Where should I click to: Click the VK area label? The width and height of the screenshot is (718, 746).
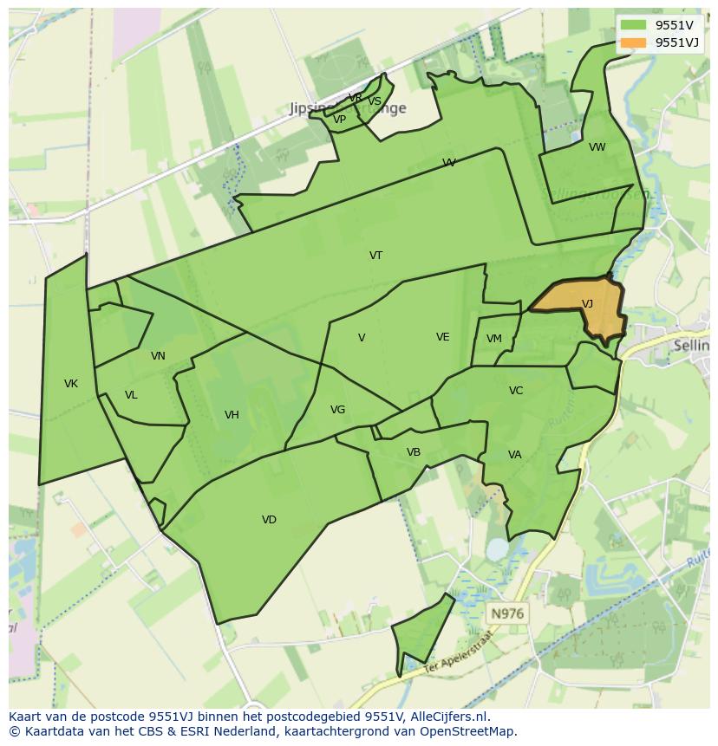71,384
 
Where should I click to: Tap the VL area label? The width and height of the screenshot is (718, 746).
131,395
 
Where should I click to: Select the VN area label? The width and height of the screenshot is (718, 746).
158,356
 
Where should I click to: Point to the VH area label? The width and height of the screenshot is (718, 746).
232,415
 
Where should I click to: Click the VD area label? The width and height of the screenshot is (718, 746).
269,520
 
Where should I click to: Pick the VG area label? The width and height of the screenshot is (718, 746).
337,410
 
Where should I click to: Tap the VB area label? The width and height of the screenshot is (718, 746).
414,452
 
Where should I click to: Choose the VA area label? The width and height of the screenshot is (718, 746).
515,455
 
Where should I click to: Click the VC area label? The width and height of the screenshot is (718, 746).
516,391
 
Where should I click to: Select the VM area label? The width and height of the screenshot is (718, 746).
494,339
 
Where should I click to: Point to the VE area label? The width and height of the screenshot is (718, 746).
443,337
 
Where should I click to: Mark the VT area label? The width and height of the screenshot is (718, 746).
375,256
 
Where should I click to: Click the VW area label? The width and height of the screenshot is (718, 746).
597,147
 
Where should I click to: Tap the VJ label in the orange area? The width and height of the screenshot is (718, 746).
587,304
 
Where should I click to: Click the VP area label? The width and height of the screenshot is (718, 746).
340,120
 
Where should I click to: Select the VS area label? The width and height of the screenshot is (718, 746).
375,101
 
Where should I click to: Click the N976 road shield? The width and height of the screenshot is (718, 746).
507,613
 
